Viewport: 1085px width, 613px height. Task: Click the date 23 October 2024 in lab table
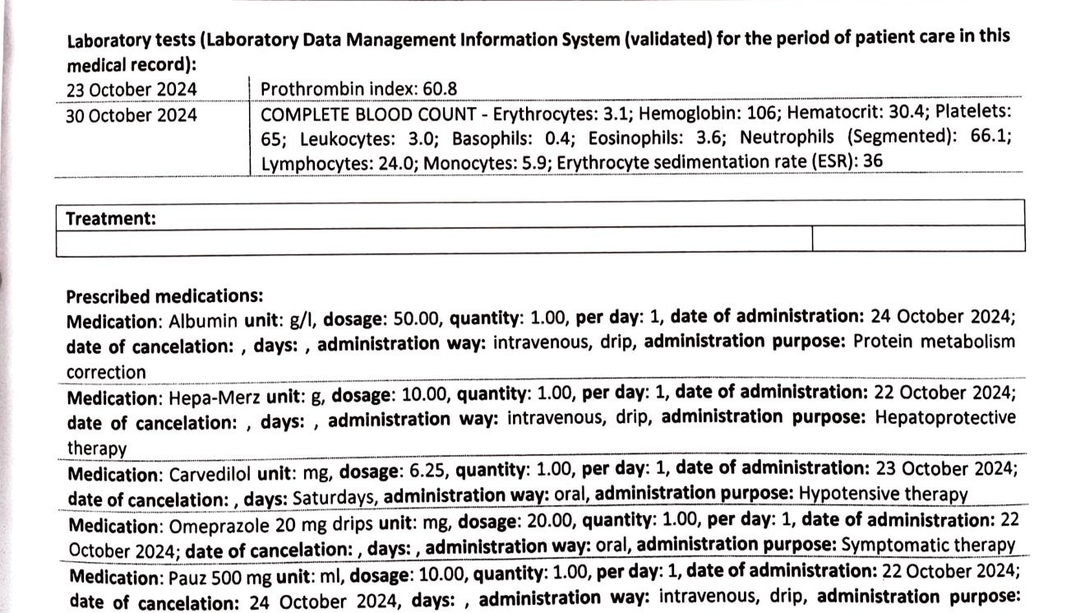[132, 90]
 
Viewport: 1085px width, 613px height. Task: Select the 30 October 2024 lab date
[132, 115]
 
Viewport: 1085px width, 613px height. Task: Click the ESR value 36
[874, 161]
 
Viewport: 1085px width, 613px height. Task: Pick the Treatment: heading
[111, 218]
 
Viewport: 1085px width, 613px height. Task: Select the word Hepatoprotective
[945, 417]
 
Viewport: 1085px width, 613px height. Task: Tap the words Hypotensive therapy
[883, 495]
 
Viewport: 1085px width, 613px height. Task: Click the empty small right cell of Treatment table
[917, 239]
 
